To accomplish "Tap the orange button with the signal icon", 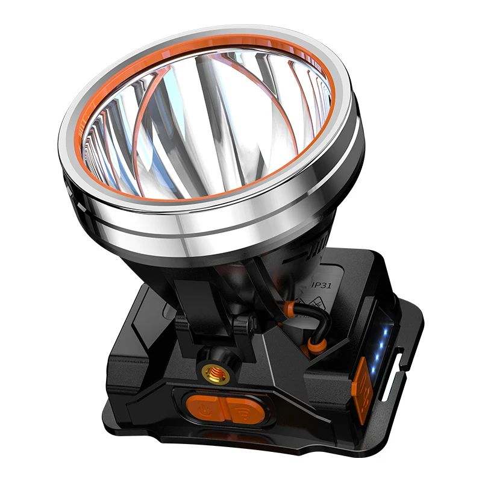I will (242, 410).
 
